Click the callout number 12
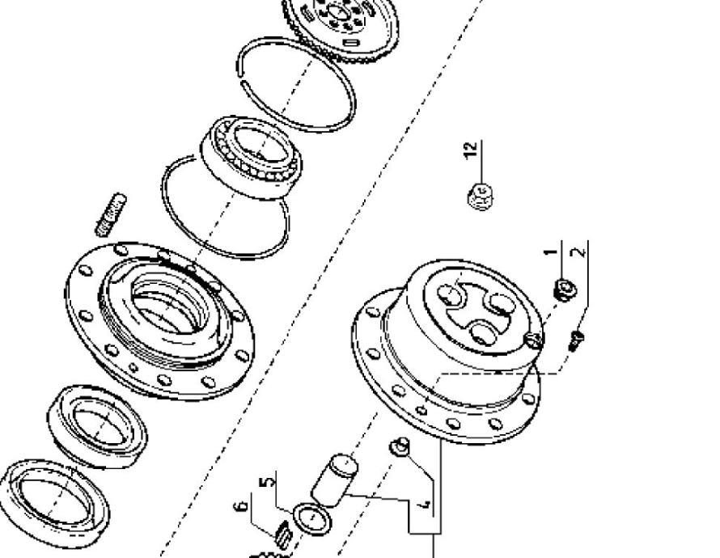[471, 150]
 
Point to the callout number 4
[426, 504]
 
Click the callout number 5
[268, 482]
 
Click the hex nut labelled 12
[481, 197]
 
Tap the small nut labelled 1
[565, 290]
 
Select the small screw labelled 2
[576, 341]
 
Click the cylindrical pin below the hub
[334, 480]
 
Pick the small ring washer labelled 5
[311, 518]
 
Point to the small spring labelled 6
[283, 535]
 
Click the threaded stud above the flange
[111, 214]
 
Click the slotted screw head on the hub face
[534, 340]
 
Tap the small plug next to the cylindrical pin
[400, 446]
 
